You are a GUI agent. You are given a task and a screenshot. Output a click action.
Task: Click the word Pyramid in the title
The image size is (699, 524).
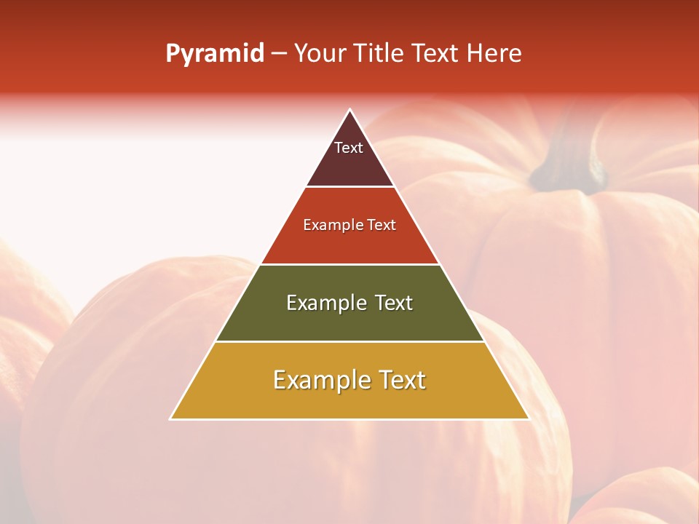215,54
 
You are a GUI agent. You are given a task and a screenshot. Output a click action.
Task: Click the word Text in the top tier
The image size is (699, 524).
349,148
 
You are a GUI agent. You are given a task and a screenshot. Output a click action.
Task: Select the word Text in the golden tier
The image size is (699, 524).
400,380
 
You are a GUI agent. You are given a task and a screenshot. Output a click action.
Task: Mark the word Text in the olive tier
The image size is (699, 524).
394,303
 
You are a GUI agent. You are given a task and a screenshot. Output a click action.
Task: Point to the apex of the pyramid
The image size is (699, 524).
350,111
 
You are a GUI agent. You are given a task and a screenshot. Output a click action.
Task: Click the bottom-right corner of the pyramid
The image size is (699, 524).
528,418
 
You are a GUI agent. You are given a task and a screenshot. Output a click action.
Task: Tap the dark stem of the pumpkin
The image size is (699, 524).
568,164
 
